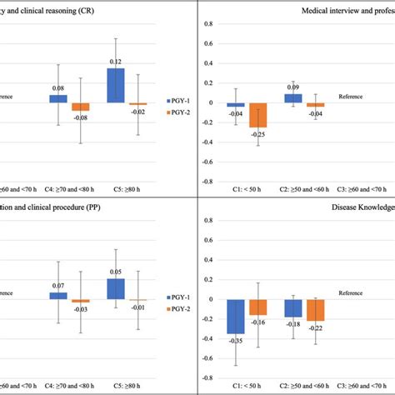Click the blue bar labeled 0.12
coord(115,86)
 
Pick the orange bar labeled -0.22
coord(315,310)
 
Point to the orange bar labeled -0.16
coord(257,307)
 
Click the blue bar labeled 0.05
coord(115,288)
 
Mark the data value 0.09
coord(293,87)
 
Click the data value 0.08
coord(57,88)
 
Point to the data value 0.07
coord(57,286)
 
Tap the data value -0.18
coord(293,324)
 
